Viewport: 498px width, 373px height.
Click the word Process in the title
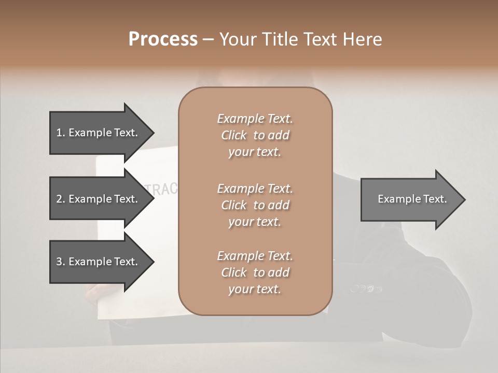(x=163, y=39)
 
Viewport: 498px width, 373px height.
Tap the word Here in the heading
(x=361, y=39)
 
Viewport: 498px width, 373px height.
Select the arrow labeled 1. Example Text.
(x=96, y=133)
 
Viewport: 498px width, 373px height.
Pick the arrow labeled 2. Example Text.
(x=96, y=199)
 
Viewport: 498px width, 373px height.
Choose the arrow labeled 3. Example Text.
(x=96, y=262)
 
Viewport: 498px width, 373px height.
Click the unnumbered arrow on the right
(x=412, y=199)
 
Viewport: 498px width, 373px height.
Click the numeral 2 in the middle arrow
(x=59, y=199)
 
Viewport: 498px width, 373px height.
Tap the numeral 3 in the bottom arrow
(x=59, y=262)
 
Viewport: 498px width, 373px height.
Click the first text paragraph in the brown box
(x=255, y=135)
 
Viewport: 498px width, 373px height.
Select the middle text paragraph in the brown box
(x=255, y=205)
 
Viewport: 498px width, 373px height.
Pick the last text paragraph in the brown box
(x=255, y=272)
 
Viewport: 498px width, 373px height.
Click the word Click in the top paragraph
(x=233, y=135)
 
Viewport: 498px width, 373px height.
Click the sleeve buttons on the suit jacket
(x=366, y=289)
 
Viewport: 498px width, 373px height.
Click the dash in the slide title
(x=209, y=40)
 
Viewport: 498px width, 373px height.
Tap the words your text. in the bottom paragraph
(x=255, y=289)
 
